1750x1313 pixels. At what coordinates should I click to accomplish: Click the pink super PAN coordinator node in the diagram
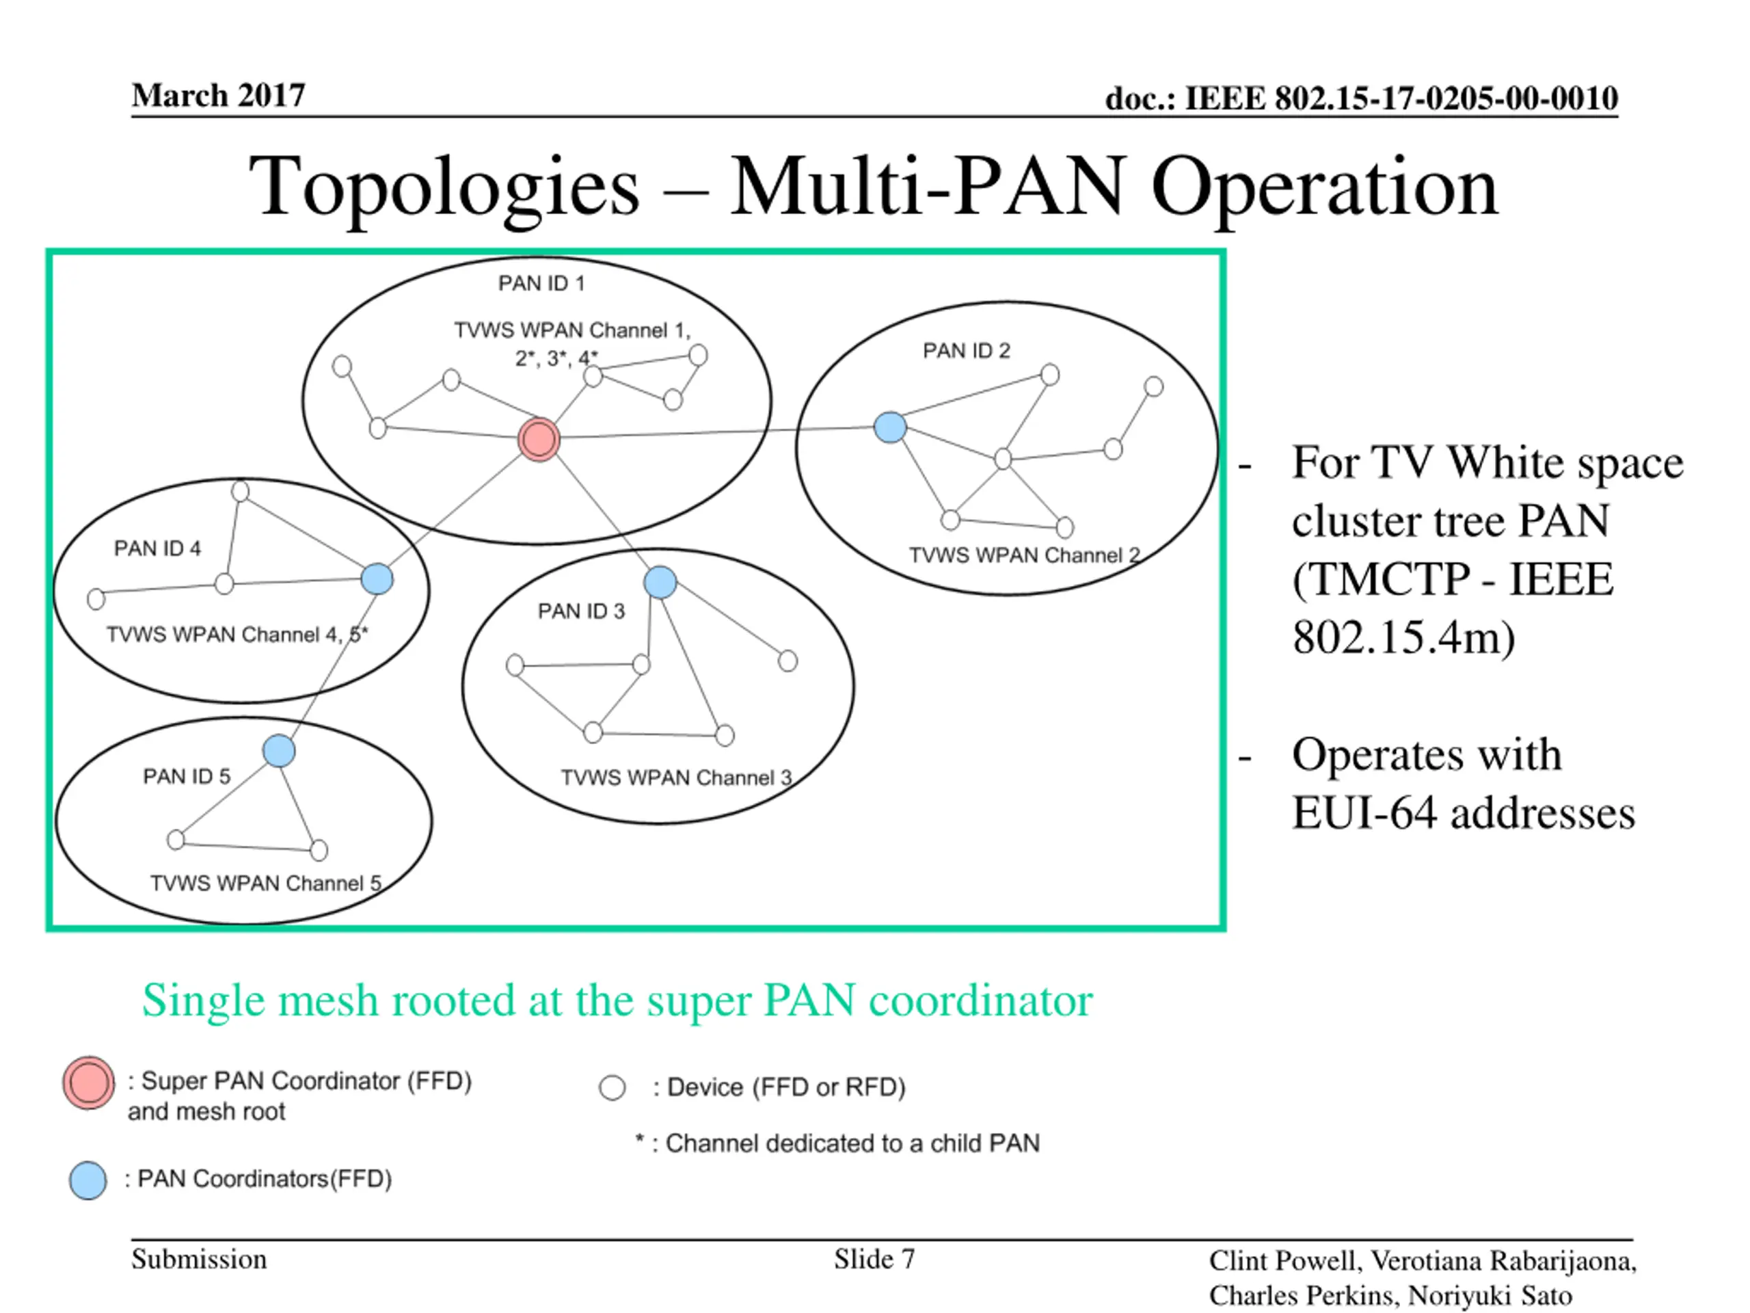[539, 439]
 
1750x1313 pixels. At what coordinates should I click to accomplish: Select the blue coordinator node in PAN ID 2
[890, 427]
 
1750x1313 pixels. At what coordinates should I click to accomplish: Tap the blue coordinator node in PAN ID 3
[660, 583]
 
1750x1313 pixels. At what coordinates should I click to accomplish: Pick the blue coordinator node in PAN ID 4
[377, 579]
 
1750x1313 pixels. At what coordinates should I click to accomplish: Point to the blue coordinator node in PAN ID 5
[278, 750]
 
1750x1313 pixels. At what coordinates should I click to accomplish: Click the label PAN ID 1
[541, 283]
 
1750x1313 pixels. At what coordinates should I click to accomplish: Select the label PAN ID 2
[966, 351]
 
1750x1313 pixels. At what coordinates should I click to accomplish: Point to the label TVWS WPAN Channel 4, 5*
[237, 634]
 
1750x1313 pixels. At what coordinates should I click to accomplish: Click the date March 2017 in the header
[218, 96]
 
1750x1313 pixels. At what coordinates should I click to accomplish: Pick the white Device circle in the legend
[612, 1087]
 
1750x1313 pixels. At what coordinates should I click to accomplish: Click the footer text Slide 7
[874, 1258]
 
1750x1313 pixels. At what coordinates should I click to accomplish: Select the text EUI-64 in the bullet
[1364, 813]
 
